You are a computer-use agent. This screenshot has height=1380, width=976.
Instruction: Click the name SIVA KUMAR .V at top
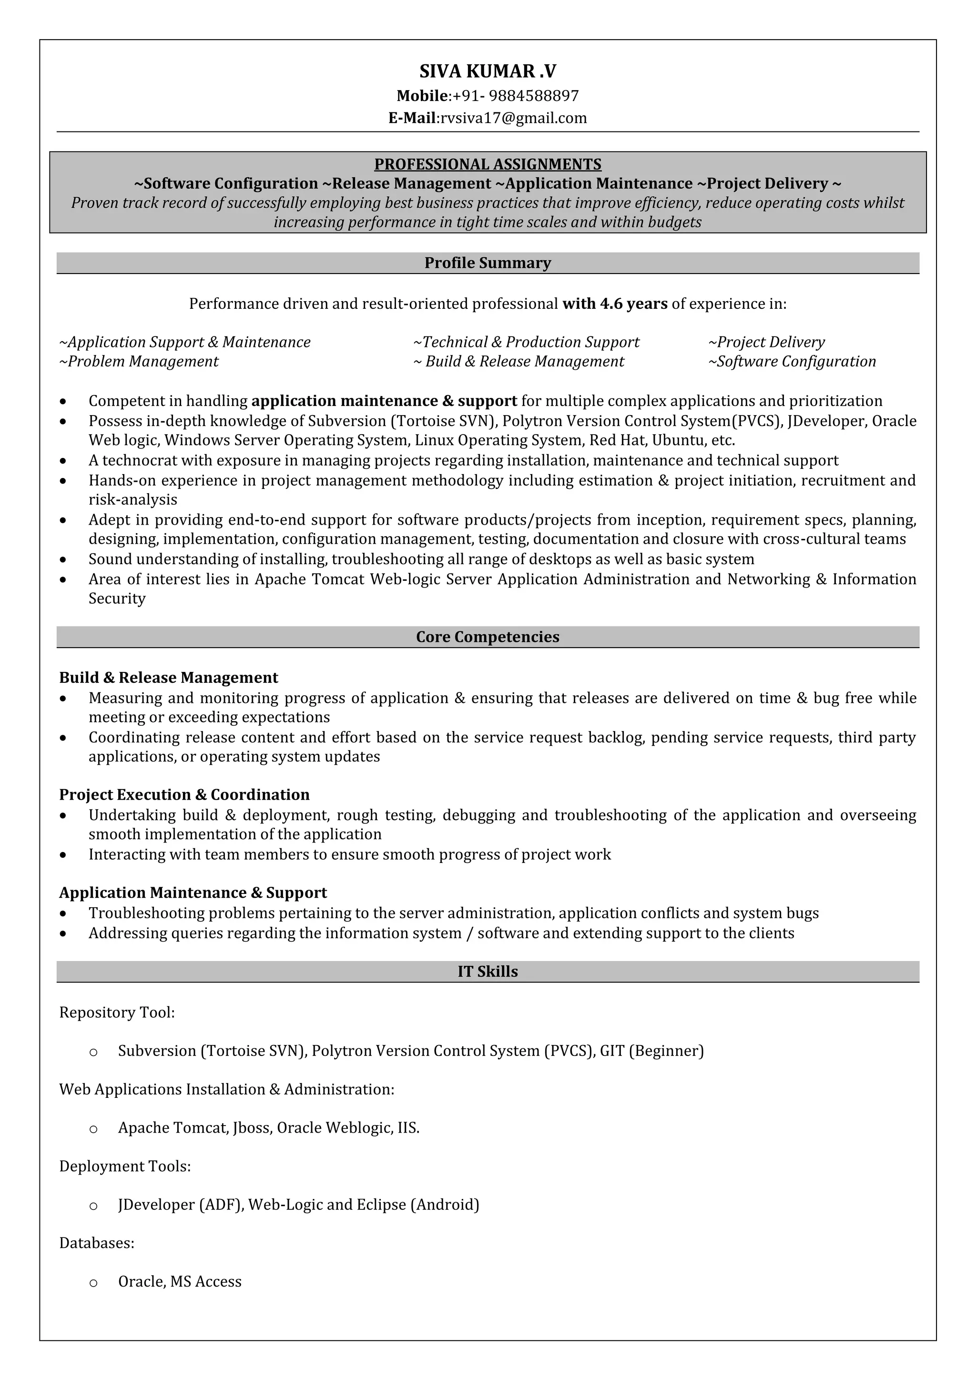(x=488, y=71)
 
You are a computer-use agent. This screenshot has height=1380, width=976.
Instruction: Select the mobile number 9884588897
(x=534, y=96)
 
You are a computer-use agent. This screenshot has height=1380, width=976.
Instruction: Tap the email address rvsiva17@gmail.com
(x=513, y=118)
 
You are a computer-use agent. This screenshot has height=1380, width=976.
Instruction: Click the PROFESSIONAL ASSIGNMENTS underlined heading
(x=488, y=164)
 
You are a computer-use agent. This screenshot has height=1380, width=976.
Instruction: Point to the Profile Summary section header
(x=488, y=263)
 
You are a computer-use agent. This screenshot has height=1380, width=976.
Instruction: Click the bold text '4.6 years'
(x=633, y=304)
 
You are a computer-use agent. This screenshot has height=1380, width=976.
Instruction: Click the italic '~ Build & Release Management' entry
(x=519, y=362)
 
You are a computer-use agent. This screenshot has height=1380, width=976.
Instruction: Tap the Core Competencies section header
(x=488, y=637)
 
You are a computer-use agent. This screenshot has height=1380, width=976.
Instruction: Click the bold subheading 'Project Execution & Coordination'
(x=184, y=795)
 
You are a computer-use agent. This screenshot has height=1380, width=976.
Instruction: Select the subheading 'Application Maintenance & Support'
(x=193, y=893)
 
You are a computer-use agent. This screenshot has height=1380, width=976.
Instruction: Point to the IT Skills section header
(x=488, y=972)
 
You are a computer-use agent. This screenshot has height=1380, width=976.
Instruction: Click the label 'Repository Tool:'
(x=117, y=1013)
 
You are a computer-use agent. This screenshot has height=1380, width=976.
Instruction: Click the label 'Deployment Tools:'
(x=125, y=1167)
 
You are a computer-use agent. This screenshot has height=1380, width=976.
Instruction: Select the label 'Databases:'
(x=97, y=1244)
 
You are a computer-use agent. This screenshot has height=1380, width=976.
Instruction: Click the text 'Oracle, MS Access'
(x=180, y=1282)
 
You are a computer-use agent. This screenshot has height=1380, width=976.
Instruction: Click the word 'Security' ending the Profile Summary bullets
(x=117, y=599)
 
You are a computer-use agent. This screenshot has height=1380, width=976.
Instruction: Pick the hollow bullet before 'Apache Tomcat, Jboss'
(x=93, y=1129)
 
